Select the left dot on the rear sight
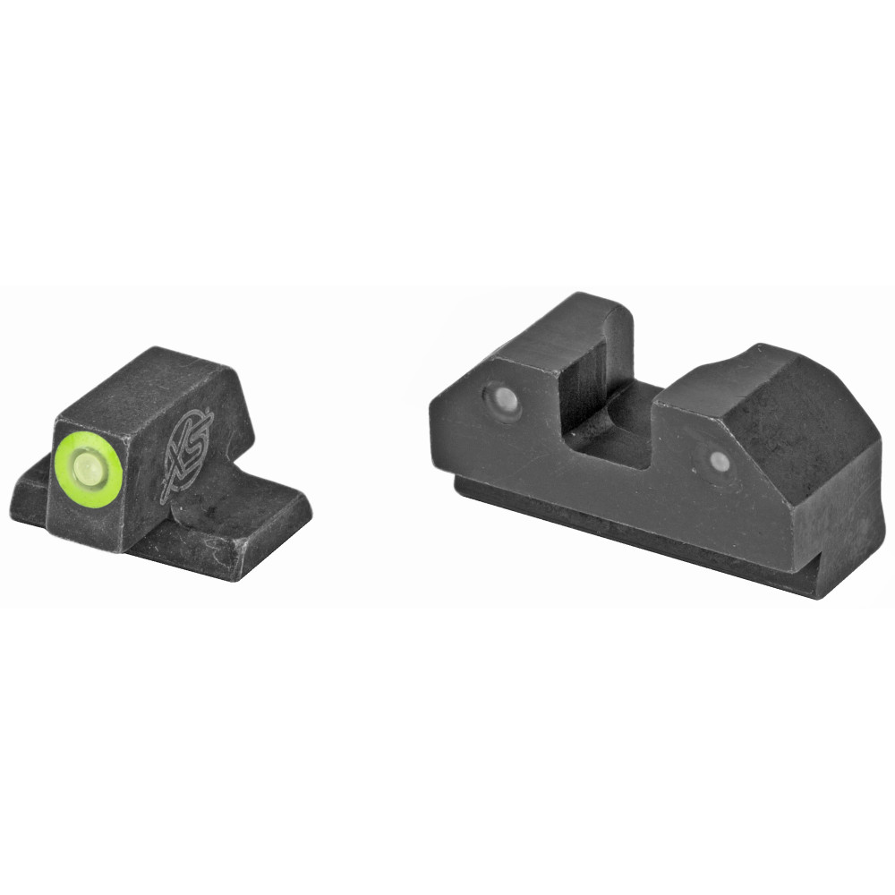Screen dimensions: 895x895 coord(501,401)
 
